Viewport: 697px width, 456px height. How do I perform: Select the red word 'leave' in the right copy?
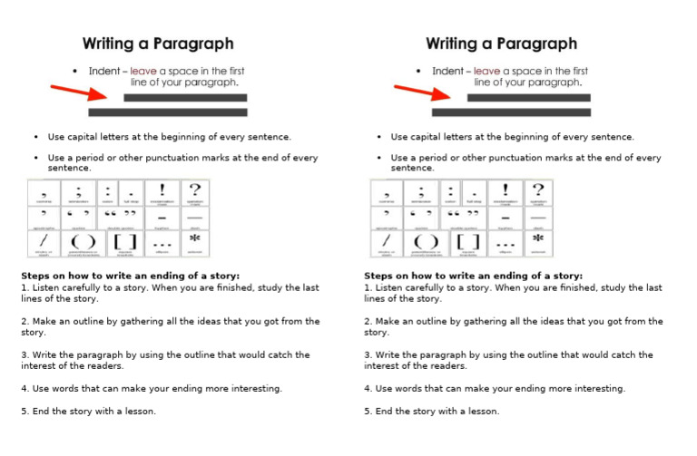tap(488, 71)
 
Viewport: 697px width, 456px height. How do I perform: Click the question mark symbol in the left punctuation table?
tap(194, 189)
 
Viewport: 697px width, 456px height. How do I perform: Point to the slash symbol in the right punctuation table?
tap(386, 242)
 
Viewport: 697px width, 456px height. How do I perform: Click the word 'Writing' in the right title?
tap(456, 43)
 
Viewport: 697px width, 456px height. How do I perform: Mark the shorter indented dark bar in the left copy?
tap(185, 97)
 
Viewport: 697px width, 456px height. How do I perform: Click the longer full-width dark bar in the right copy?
tap(511, 112)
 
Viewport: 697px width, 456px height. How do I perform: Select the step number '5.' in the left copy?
tap(25, 411)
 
